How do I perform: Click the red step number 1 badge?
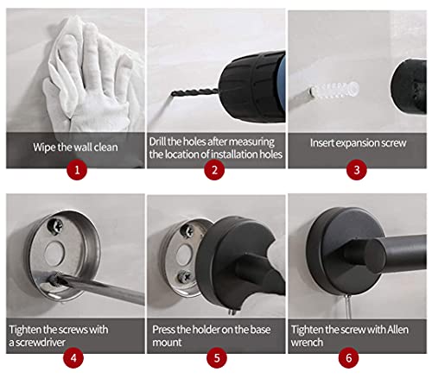[77, 170]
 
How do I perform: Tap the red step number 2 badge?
[214, 170]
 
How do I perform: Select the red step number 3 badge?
[357, 170]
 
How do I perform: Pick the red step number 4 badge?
[73, 358]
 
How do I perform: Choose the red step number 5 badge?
[217, 358]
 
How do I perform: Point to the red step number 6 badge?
[349, 358]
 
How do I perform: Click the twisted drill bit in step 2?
[194, 92]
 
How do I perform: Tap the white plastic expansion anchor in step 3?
[335, 90]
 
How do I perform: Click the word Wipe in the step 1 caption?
[44, 148]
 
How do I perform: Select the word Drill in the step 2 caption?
[157, 142]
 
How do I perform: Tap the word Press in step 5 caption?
[162, 330]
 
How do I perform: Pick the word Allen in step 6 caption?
[397, 330]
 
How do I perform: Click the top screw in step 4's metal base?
[56, 226]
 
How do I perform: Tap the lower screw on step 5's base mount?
[185, 278]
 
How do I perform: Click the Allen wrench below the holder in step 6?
[348, 306]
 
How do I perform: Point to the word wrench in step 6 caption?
[307, 343]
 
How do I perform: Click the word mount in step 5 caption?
[167, 343]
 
